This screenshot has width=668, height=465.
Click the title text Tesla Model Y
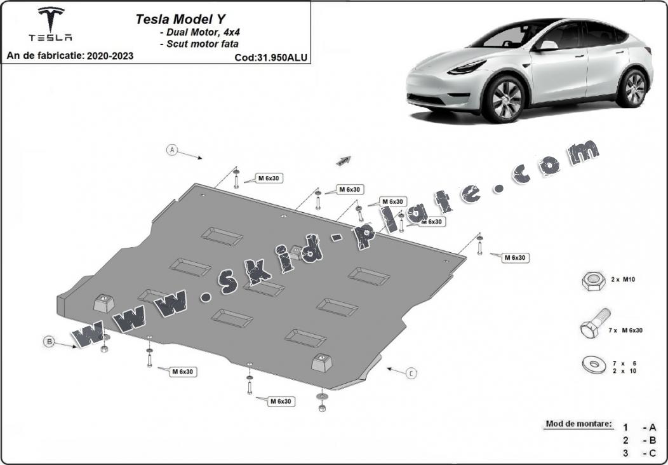[x=180, y=19]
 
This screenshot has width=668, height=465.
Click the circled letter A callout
[x=171, y=150]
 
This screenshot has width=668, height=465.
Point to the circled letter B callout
[x=50, y=341]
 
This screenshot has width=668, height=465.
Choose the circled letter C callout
[x=411, y=374]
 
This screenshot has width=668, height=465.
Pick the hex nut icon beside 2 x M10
[x=594, y=280]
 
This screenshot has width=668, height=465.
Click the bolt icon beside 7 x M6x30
[x=595, y=323]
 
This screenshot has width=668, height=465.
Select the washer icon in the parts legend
[x=594, y=365]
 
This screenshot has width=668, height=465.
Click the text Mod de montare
[x=578, y=424]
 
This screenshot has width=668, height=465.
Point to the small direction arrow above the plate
[x=344, y=160]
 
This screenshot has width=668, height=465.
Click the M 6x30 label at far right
[x=515, y=258]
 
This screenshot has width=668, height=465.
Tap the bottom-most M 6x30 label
[x=281, y=401]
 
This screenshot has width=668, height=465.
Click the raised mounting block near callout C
[x=322, y=363]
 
